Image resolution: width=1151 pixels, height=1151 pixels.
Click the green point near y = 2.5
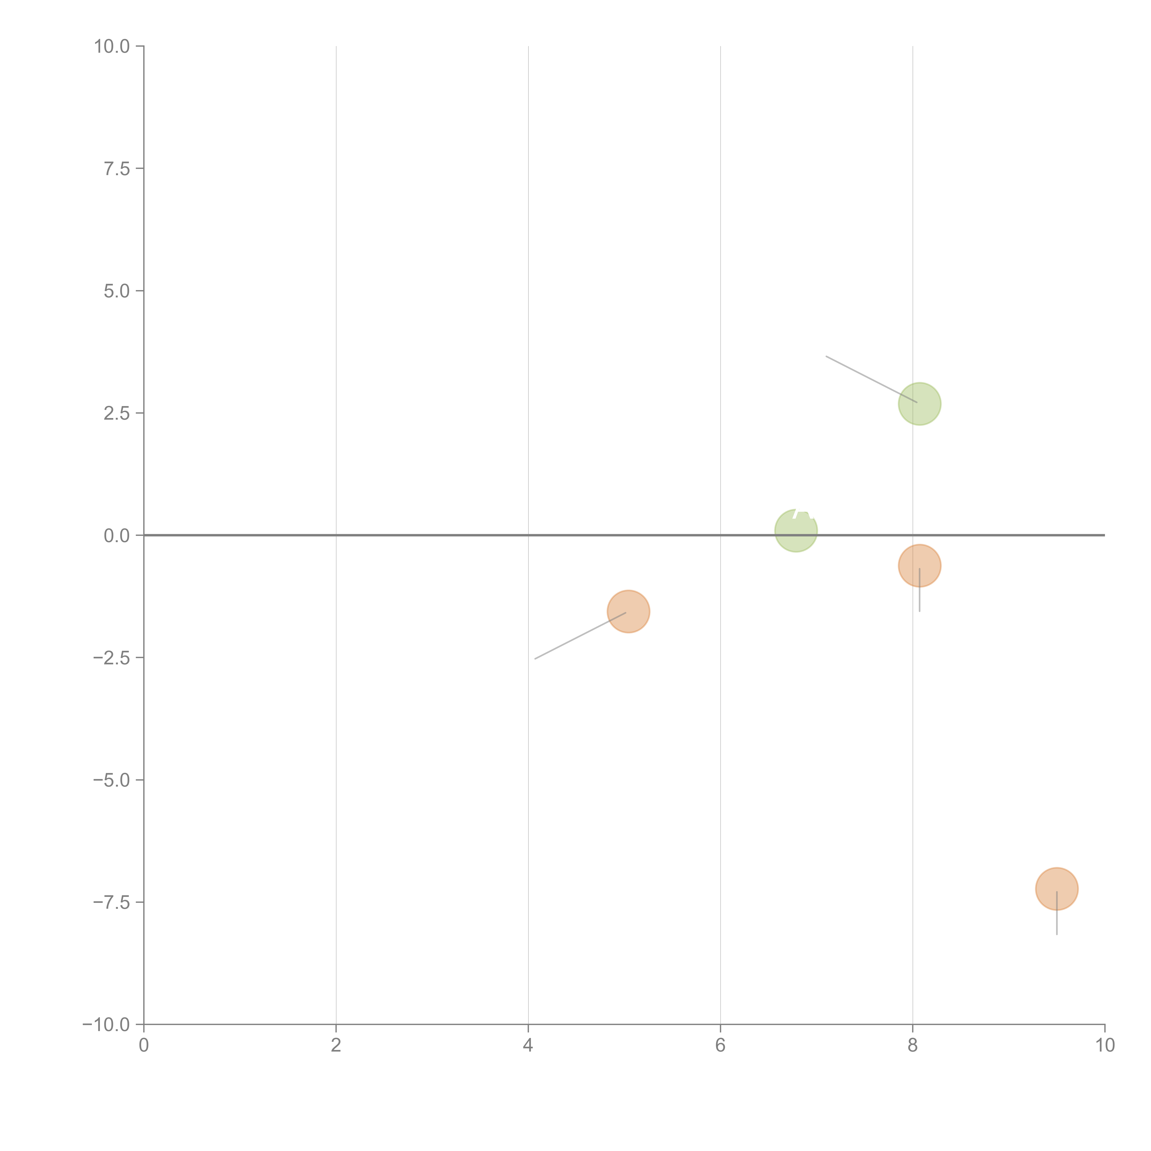pos(919,404)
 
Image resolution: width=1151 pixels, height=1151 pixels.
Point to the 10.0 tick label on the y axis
pos(112,47)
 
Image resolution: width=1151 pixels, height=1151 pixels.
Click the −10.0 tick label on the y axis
pos(106,1025)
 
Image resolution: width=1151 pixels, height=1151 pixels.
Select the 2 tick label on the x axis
pos(336,1046)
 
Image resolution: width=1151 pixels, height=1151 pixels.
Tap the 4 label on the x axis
pos(528,1046)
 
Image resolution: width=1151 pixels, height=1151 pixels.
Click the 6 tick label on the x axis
pos(720,1046)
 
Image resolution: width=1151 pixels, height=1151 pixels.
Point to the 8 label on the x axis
pos(913,1046)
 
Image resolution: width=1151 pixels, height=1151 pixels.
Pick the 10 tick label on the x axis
pos(1104,1046)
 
